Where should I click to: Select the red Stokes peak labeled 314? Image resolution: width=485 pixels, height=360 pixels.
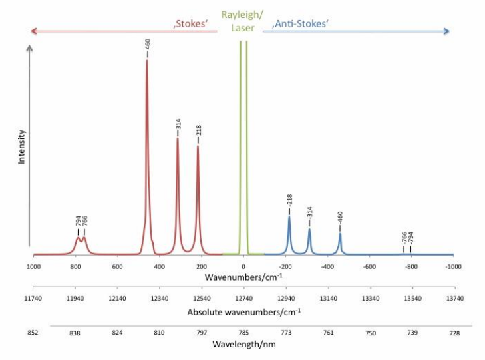point(178,140)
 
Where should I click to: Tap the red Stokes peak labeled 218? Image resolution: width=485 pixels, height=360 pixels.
point(198,148)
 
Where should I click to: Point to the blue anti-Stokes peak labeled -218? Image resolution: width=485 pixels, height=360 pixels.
point(289,218)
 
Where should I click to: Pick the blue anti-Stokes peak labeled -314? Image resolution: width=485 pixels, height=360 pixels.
point(309,230)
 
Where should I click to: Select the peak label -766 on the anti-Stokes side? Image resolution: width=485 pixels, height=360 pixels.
point(404,238)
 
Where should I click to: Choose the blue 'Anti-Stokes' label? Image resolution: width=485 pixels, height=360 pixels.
point(302,27)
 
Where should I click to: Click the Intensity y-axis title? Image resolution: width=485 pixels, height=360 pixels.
point(21,146)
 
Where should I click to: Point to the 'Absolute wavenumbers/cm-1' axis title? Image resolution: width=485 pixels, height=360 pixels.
point(243,311)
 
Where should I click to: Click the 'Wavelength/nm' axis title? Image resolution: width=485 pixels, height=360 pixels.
point(243,345)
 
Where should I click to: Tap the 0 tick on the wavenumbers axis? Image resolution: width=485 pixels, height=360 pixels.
point(243,266)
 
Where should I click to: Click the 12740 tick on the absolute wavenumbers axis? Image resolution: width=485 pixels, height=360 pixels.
point(243,299)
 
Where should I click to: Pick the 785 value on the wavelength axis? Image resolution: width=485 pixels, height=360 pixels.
point(243,331)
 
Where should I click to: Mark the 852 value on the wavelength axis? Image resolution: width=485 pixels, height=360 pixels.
point(33,331)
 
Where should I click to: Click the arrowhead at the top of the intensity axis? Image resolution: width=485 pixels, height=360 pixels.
point(29,48)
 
